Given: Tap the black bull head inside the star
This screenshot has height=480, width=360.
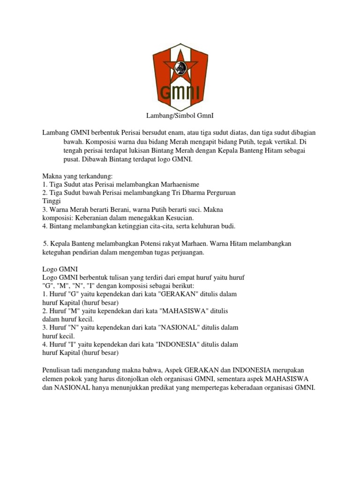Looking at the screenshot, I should (179, 69).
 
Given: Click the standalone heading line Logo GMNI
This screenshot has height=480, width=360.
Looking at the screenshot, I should (60, 269).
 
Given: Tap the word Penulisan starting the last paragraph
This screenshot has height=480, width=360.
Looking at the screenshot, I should (57, 370).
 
